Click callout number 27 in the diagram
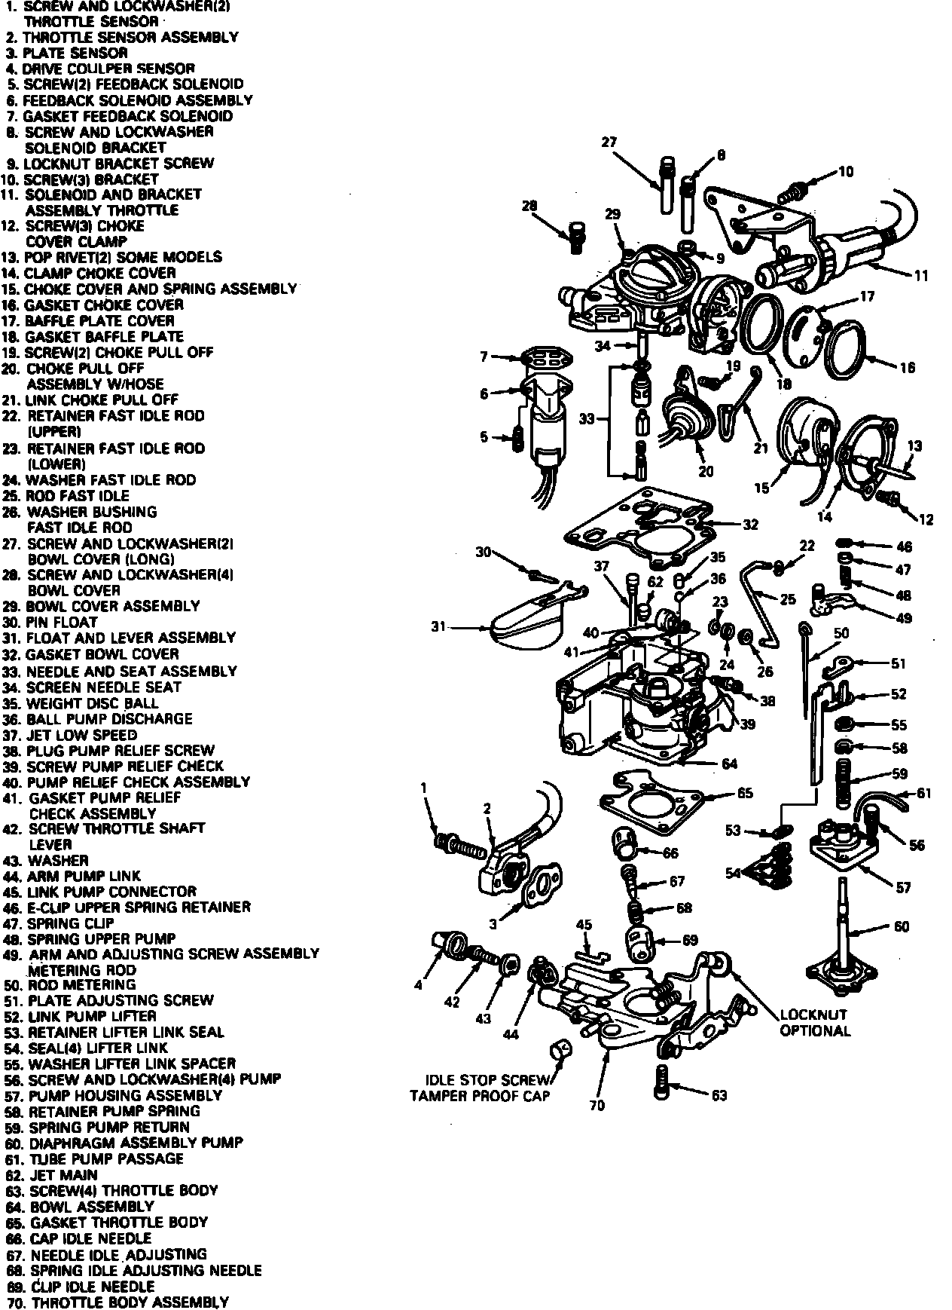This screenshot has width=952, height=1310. click(609, 142)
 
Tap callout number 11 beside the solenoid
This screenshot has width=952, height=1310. click(921, 276)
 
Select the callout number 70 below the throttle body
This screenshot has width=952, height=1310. click(597, 1106)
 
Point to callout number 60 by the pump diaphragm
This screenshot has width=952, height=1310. click(902, 926)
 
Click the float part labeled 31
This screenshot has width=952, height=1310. click(527, 629)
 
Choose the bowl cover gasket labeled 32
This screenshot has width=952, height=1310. click(640, 528)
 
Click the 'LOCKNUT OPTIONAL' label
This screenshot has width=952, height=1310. click(814, 1023)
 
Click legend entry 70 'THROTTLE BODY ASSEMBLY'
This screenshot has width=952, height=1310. click(129, 1302)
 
